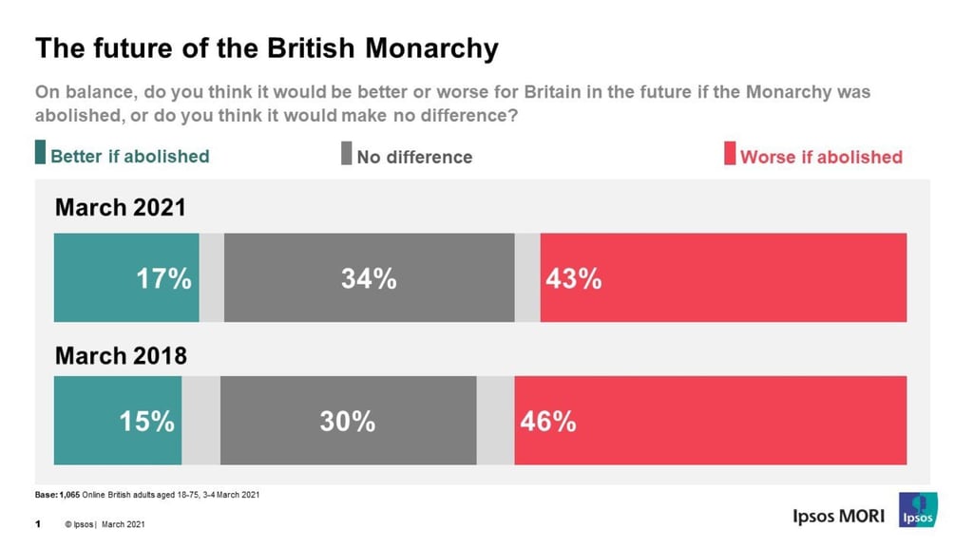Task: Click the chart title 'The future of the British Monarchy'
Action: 266,48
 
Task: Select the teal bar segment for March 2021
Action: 126,277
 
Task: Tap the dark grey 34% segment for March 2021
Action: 369,277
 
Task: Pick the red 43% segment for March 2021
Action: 722,277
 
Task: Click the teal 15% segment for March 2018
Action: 118,421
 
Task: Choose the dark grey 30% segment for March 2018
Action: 348,421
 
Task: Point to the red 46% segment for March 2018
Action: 710,421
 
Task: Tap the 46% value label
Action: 547,422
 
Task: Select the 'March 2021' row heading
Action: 121,208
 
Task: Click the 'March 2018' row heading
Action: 121,355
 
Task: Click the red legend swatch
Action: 730,154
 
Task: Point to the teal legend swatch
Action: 40,153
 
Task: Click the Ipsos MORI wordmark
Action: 838,516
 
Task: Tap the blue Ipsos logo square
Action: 918,510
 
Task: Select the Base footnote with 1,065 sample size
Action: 146,495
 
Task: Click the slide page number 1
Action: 38,523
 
